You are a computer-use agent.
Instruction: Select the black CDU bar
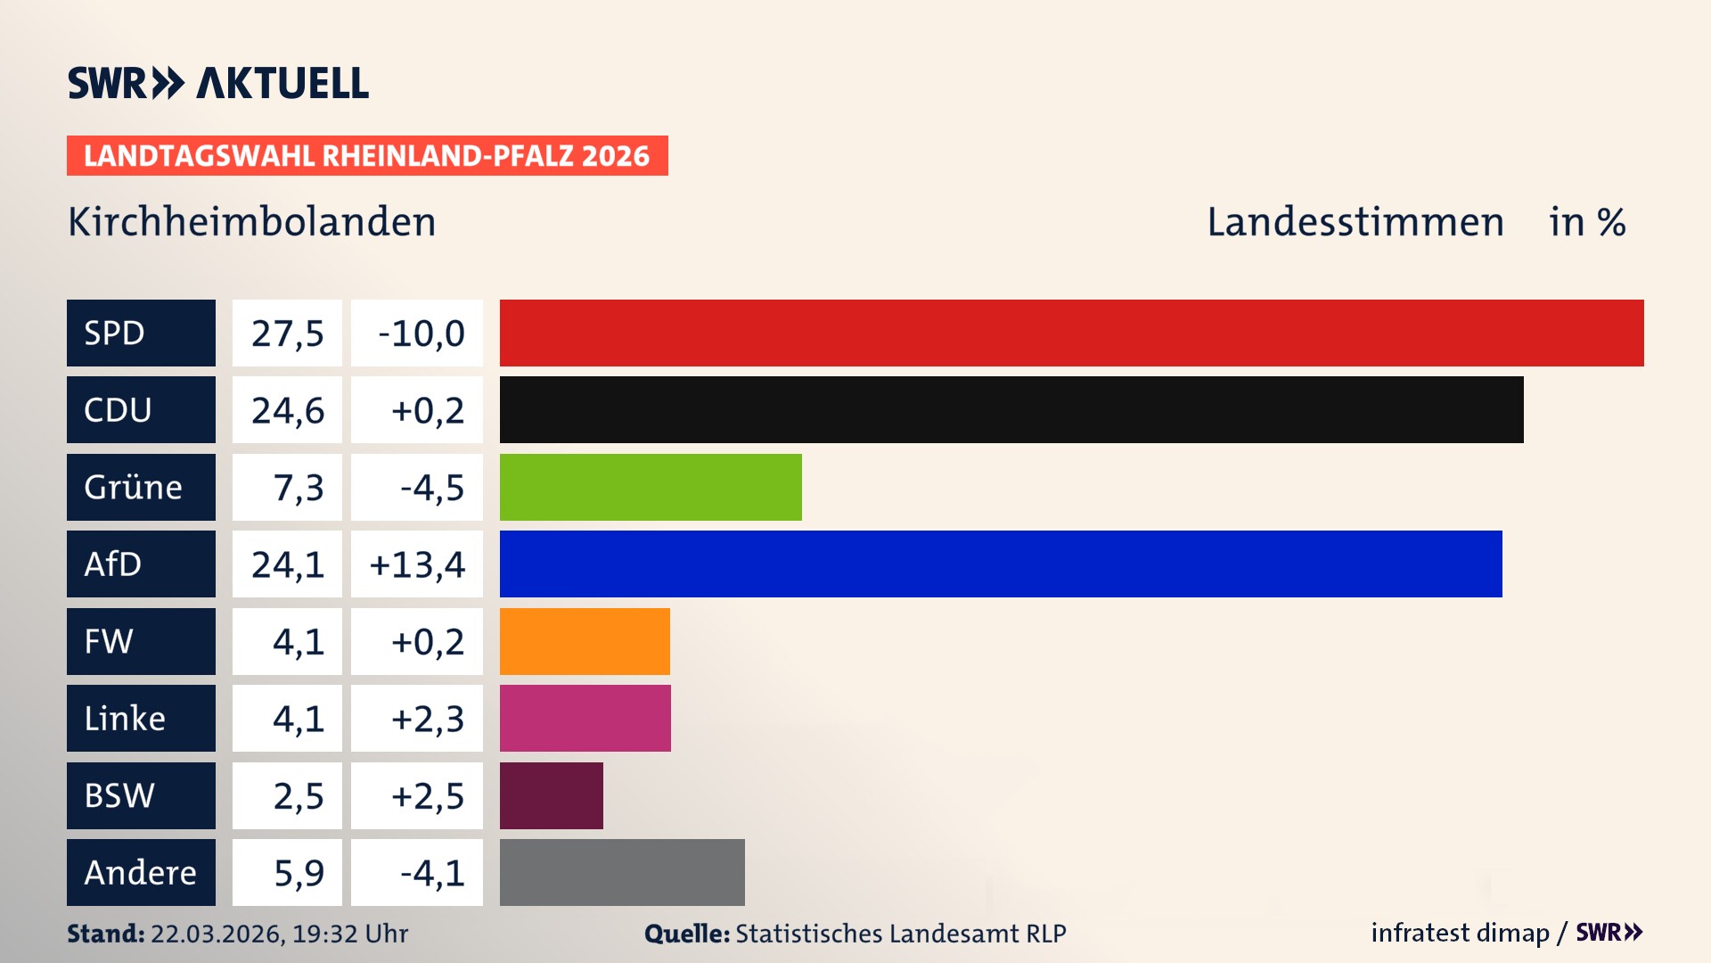point(1011,409)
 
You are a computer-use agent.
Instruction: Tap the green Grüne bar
point(651,487)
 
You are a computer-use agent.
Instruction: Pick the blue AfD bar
point(1001,564)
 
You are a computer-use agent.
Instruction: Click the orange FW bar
point(585,641)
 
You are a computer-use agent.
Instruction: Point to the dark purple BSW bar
point(551,795)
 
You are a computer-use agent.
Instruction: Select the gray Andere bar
point(622,872)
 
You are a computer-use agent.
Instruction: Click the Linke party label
point(125,718)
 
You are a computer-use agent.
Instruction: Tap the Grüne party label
point(133,487)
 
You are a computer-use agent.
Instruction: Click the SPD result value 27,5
point(287,333)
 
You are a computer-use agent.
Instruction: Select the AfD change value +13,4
point(417,564)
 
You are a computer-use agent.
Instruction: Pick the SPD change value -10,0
point(421,333)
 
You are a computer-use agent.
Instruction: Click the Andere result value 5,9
point(299,872)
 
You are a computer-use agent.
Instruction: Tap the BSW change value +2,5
point(428,795)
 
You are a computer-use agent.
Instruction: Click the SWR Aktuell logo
point(218,83)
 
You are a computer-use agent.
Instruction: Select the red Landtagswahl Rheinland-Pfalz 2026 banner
point(367,155)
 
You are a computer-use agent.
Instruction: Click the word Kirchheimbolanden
point(252,222)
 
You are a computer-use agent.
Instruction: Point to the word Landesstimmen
point(1355,222)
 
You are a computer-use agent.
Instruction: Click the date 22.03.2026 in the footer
point(217,934)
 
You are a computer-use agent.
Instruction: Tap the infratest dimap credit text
point(1460,933)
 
